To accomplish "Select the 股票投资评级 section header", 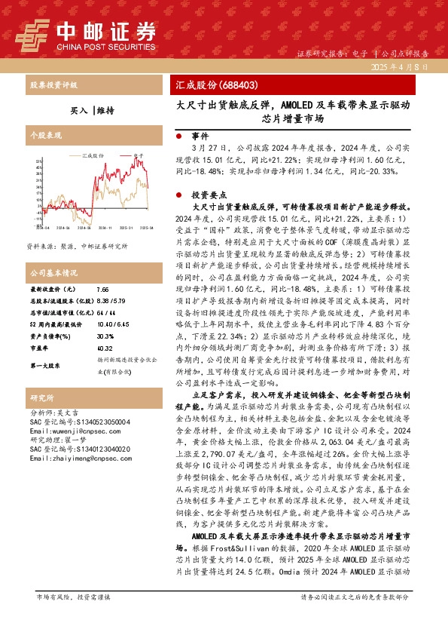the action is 53,85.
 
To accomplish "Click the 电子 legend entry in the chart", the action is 137,155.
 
